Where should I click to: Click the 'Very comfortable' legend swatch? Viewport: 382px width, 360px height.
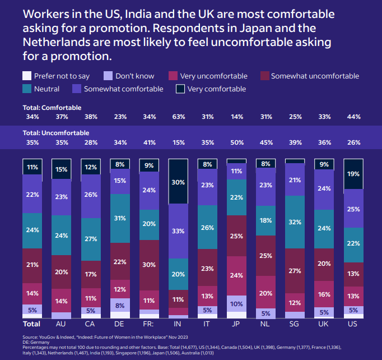180,89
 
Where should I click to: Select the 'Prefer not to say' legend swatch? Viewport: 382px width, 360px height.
26,76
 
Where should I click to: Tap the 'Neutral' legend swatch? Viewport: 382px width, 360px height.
26,89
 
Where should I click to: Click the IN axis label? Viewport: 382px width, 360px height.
178,324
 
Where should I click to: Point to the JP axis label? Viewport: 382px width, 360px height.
236,324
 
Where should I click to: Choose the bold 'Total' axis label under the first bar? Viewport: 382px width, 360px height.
31,324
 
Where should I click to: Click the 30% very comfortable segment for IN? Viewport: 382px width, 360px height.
178,182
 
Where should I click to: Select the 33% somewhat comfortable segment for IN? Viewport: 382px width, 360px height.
178,230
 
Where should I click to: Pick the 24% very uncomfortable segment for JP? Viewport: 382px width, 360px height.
236,275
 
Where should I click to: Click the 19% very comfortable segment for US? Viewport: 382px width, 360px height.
353,174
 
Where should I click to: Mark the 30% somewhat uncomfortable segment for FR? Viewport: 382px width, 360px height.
149,265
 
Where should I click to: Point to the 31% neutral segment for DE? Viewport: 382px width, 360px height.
120,218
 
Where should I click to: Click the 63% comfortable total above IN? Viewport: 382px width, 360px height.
178,117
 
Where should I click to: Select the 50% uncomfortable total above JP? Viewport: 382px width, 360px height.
236,142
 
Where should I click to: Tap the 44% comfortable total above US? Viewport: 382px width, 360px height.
353,117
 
